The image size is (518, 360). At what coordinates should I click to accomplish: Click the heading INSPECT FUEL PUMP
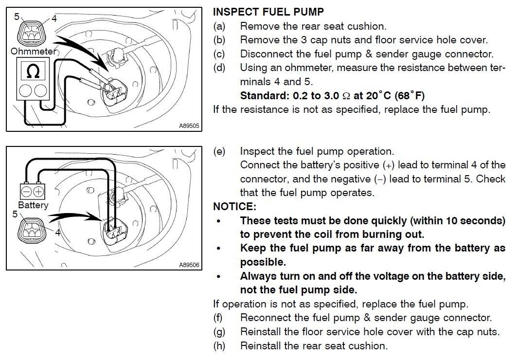268,12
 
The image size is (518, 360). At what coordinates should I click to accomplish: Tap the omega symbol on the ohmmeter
33,72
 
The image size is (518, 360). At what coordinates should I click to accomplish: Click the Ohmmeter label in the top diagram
33,51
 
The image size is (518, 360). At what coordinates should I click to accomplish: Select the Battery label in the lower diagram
33,205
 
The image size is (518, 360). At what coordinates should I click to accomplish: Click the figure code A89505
189,126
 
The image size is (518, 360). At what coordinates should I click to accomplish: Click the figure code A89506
189,265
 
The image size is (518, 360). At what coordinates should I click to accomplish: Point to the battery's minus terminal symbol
27,191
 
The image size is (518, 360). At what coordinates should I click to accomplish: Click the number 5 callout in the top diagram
17,17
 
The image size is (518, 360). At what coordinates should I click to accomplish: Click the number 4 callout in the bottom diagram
57,233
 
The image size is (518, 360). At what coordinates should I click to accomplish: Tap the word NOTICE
234,207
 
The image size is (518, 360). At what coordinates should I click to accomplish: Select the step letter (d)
219,68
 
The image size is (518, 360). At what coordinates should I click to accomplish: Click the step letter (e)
219,151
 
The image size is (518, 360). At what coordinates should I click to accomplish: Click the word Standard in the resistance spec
262,95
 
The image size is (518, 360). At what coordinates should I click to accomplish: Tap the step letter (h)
219,346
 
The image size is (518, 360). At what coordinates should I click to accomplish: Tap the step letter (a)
219,26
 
